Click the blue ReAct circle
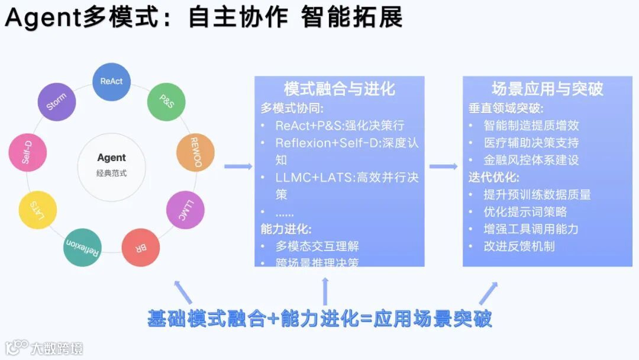(x=112, y=82)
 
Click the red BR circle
(x=141, y=247)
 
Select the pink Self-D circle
(x=27, y=153)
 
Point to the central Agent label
(x=112, y=157)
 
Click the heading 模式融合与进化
(x=339, y=89)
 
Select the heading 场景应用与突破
(x=547, y=89)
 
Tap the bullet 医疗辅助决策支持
(x=531, y=143)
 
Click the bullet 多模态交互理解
(x=317, y=246)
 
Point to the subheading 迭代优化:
(x=494, y=177)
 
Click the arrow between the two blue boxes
(x=443, y=166)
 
